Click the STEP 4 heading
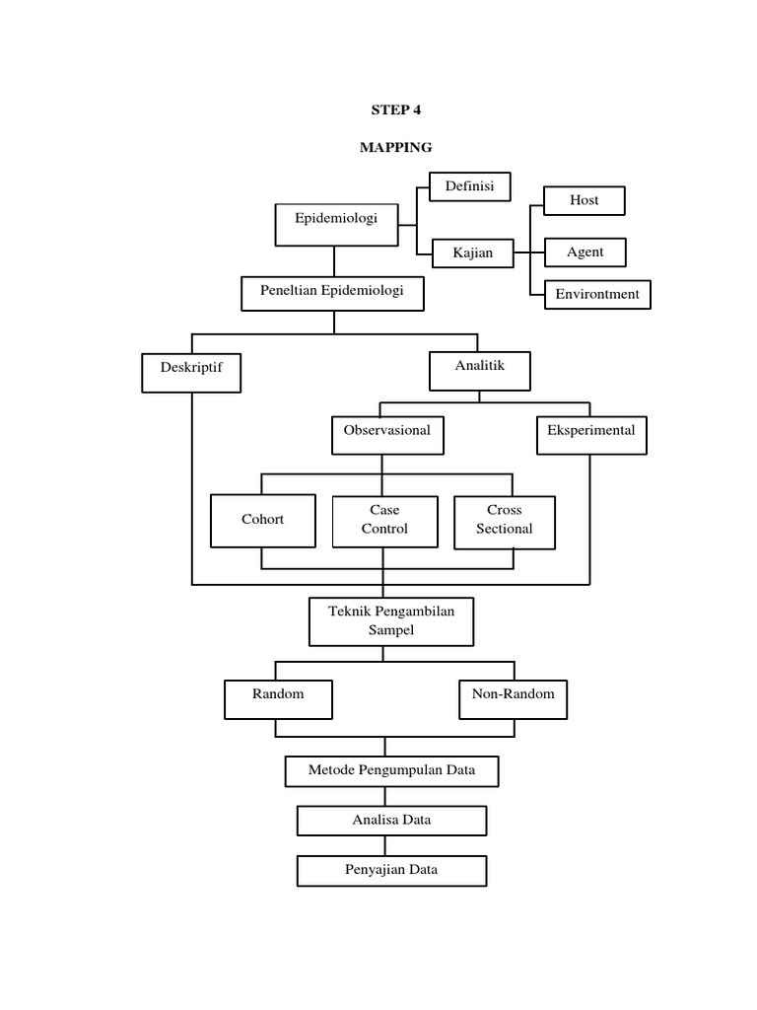395,109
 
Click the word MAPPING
395,147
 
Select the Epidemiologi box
335,224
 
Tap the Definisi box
469,185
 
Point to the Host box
585,201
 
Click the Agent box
585,253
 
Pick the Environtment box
597,294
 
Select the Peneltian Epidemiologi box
335,293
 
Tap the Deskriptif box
191,373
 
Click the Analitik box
480,371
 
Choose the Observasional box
387,435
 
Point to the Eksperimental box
591,435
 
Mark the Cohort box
262,521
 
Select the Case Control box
384,521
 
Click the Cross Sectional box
505,521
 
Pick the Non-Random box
514,699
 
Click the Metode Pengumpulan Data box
391,771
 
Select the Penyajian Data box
391,871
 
